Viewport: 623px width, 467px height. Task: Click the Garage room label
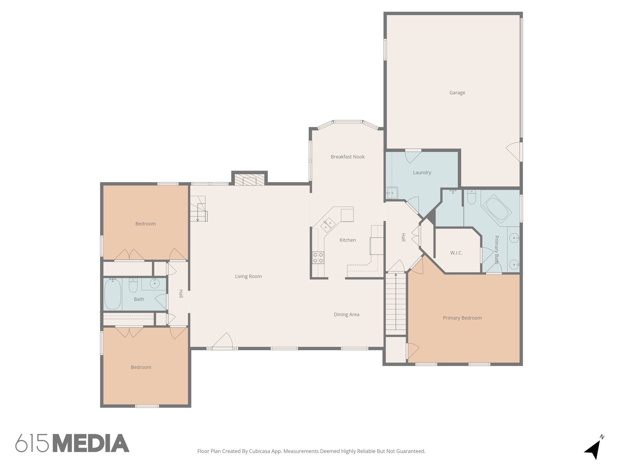(457, 93)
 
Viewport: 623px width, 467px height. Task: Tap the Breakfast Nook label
(347, 157)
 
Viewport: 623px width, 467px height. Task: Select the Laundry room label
(422, 173)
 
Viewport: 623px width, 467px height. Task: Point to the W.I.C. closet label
(456, 253)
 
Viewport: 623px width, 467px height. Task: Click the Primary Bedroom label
(462, 318)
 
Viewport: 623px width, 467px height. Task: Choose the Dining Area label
(346, 315)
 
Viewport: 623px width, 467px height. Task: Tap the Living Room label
(248, 276)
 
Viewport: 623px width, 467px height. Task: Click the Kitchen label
(347, 240)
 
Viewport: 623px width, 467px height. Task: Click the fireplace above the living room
(249, 180)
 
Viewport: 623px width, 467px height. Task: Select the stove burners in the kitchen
(318, 258)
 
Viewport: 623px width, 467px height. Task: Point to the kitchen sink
(328, 225)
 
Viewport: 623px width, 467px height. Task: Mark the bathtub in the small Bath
(113, 294)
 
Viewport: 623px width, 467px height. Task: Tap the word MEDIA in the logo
(91, 443)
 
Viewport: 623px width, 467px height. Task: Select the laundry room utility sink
(392, 193)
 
